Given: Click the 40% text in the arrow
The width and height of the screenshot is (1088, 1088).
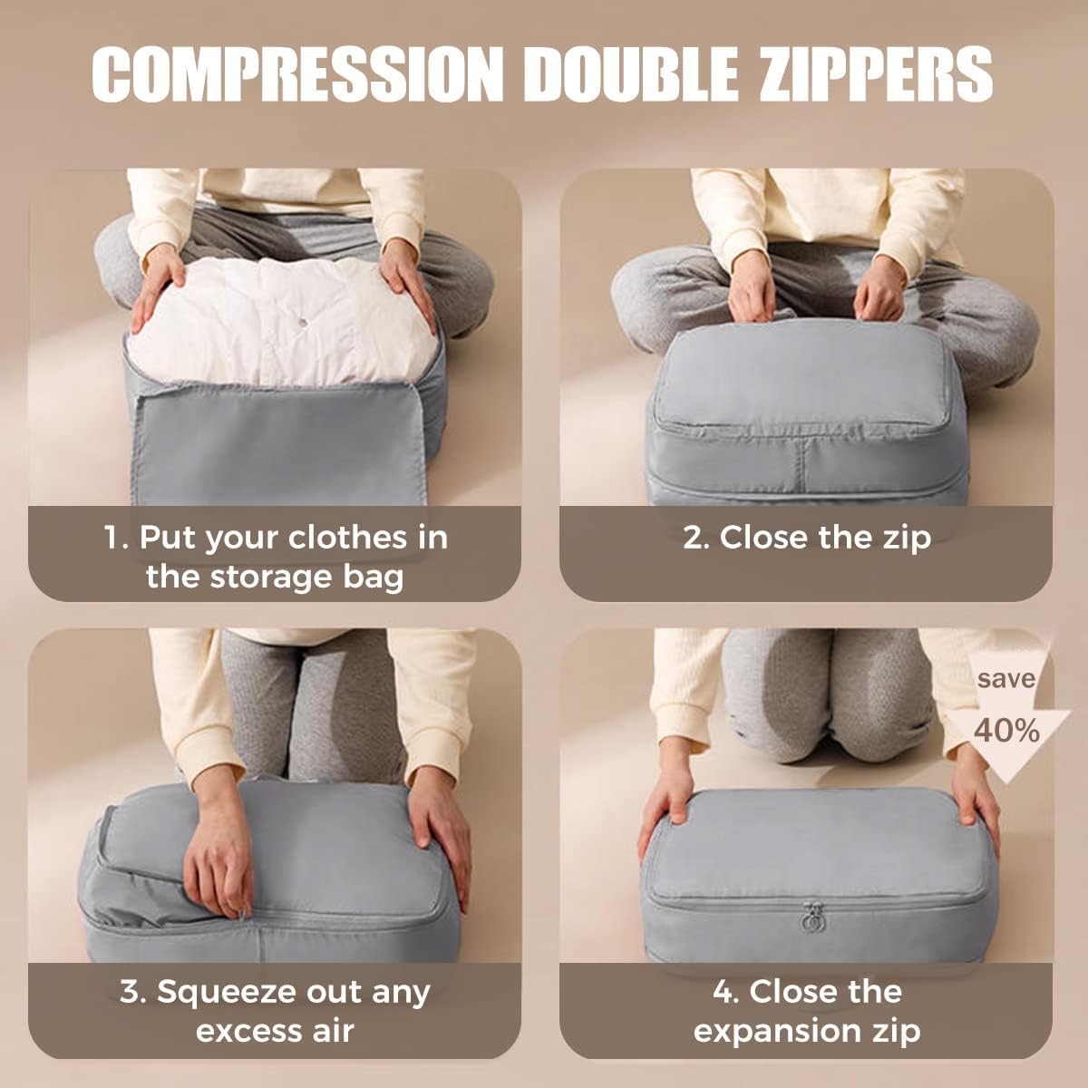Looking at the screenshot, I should pos(1006,730).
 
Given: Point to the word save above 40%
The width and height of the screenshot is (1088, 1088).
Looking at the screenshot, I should pos(1005,678).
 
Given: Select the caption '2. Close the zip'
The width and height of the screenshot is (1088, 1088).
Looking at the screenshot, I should pos(806,537).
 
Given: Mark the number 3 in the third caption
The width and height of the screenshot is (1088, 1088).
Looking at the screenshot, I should pos(130,991).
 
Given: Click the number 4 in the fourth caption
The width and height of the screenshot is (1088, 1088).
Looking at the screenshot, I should pos(723,991).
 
